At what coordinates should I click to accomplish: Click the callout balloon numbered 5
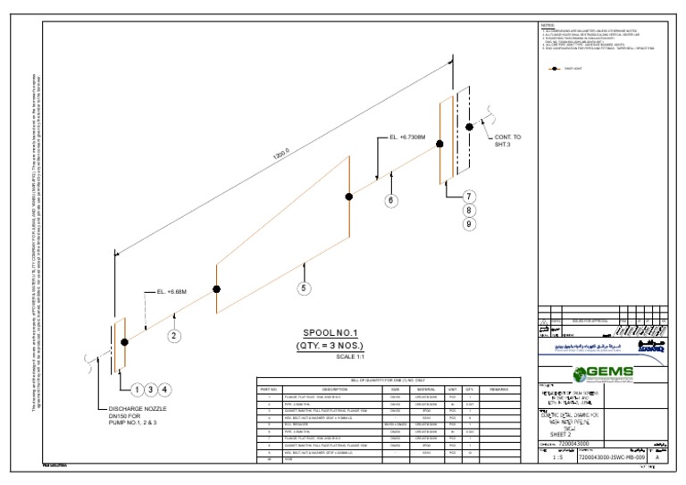click(x=304, y=288)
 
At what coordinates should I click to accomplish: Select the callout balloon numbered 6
click(x=390, y=201)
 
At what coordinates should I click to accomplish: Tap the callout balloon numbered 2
click(x=175, y=336)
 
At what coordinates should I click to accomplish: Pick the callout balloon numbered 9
click(x=469, y=224)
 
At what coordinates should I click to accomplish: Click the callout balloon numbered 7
click(x=469, y=197)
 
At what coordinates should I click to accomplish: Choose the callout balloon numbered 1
click(x=137, y=389)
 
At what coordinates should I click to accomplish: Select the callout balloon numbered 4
click(x=165, y=389)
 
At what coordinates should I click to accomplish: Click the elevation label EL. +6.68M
click(x=171, y=291)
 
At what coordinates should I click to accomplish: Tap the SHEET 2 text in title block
click(x=561, y=433)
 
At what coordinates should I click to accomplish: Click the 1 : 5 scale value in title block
click(x=558, y=456)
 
